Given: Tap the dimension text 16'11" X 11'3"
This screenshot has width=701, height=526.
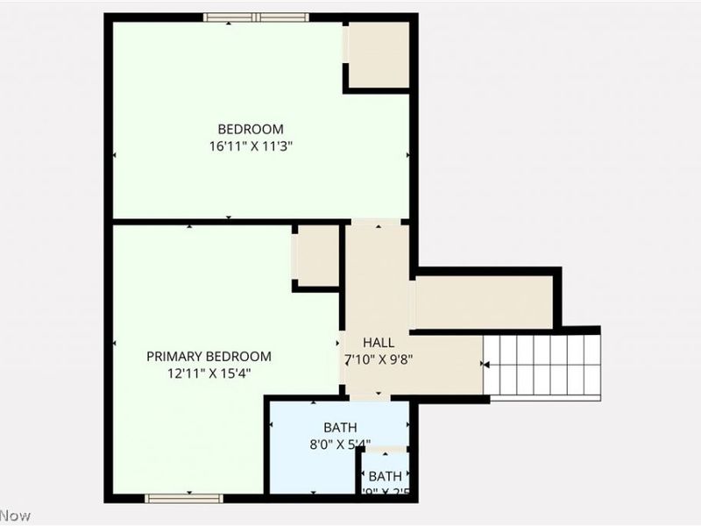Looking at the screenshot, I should tap(251, 147).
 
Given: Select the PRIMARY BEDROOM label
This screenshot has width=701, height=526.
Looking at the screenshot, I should tap(209, 356).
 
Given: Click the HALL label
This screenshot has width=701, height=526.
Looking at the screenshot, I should tap(379, 342).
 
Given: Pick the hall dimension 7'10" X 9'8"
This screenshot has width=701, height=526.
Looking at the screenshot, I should tap(379, 359).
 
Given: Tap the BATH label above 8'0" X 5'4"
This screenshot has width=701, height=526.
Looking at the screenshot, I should tap(340, 427).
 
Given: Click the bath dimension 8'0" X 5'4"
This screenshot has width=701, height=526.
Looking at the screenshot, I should tap(340, 444).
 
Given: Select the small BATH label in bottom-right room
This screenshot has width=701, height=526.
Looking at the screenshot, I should tap(385, 476).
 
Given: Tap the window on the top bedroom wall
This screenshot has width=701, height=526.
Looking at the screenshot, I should tap(256, 17).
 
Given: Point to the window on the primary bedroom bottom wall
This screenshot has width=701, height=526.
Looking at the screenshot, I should tap(184, 498).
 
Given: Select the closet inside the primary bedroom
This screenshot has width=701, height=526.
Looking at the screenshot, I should tap(317, 255).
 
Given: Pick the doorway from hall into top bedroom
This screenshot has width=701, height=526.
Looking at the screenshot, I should tap(379, 222).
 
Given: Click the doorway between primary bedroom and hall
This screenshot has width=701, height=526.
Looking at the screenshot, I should tap(341, 343).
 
